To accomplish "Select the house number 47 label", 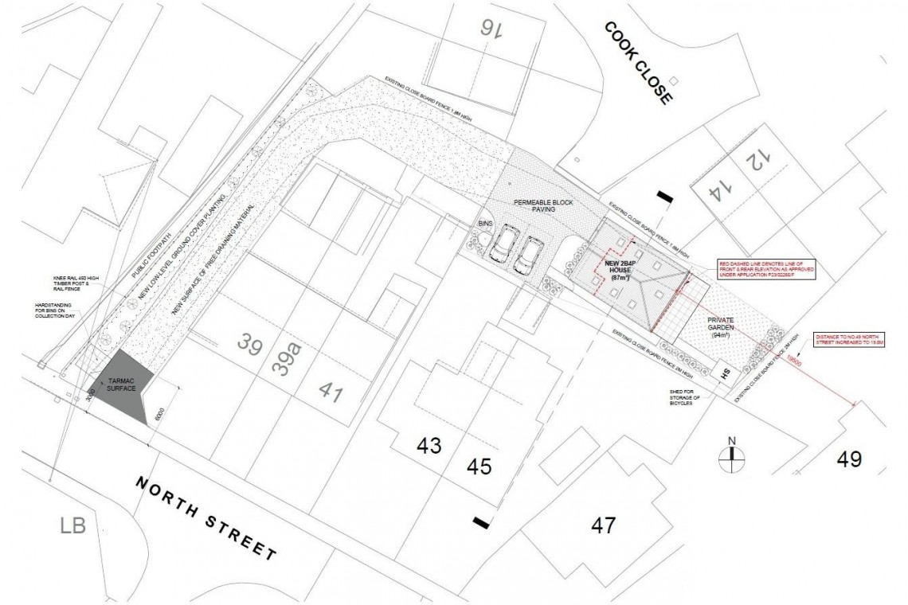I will pos(603,525).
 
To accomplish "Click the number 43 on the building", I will pos(429,446).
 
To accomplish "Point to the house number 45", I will pos(479,466).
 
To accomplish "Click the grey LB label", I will pos(72,525).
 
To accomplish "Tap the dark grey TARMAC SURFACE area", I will pos(119,388).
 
